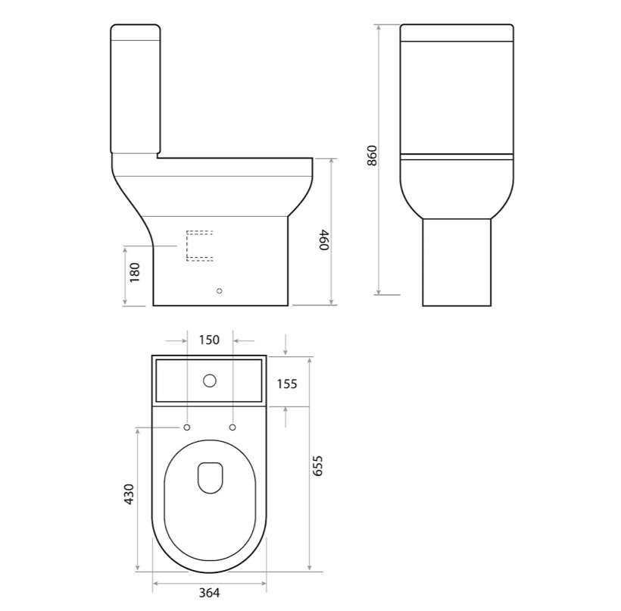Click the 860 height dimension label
pyautogui.click(x=372, y=156)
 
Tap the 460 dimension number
pyautogui.click(x=324, y=240)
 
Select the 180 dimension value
pyautogui.click(x=135, y=272)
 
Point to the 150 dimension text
pyautogui.click(x=209, y=340)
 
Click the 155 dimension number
pyautogui.click(x=287, y=384)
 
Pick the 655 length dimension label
pyautogui.click(x=318, y=465)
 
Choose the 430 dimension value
pyautogui.click(x=130, y=494)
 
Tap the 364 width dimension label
pyautogui.click(x=209, y=593)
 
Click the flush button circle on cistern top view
pyautogui.click(x=210, y=381)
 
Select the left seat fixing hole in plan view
pyautogui.click(x=186, y=427)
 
